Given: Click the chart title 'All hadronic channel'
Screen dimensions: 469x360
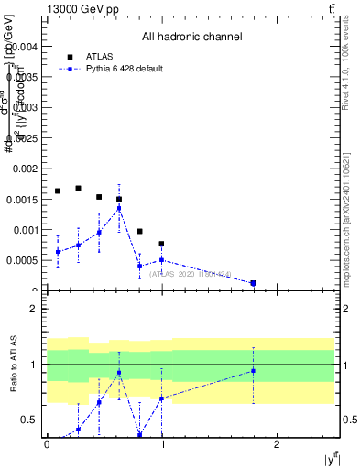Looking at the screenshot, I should pyautogui.click(x=191, y=38).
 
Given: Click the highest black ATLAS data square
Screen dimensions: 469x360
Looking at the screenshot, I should pyautogui.click(x=78, y=189).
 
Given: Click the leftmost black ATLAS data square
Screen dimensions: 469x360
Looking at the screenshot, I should pyautogui.click(x=58, y=191).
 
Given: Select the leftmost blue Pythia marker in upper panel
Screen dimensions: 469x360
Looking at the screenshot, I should pyautogui.click(x=58, y=252).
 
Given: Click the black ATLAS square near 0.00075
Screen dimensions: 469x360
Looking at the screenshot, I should pyautogui.click(x=161, y=244).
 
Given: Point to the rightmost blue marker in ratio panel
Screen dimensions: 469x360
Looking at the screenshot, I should pyautogui.click(x=253, y=371).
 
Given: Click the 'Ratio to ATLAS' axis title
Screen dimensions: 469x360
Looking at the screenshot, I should pyautogui.click(x=14, y=365).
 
